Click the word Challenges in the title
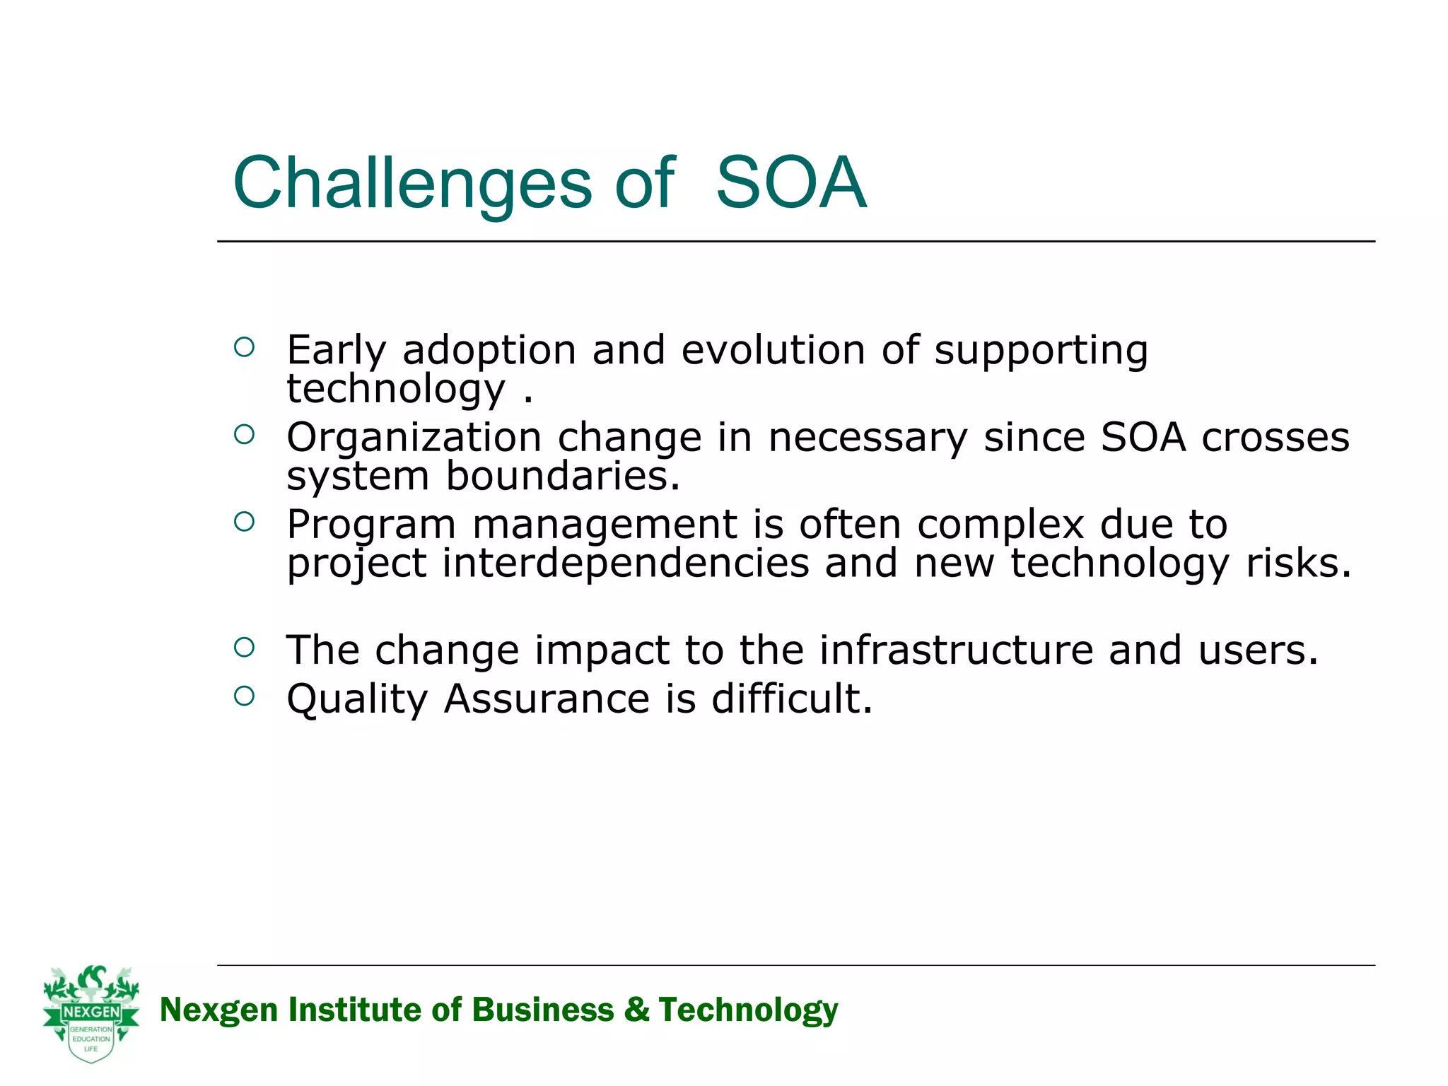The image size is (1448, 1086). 411,183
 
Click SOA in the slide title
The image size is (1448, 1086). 790,183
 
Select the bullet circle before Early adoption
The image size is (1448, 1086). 244,347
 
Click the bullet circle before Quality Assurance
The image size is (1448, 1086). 244,696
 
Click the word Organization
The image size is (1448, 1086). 414,438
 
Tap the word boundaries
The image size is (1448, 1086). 562,476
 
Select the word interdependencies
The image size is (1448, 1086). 626,564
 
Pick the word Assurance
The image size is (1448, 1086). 547,699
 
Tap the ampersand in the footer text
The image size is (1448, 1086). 636,1009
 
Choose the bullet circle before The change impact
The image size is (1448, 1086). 244,647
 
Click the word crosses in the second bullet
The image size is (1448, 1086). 1275,438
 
